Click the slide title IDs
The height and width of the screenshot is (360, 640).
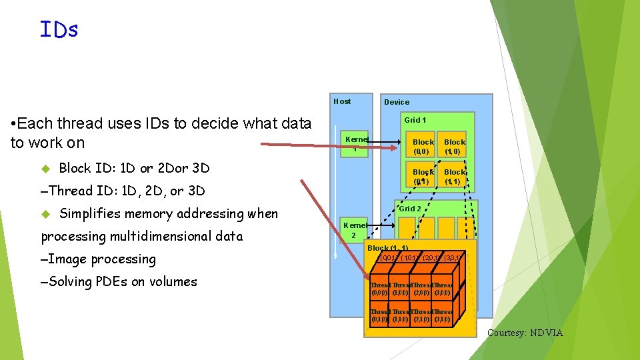coord(59,29)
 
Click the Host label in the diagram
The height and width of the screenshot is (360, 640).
coord(342,101)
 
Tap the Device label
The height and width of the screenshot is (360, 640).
coord(397,102)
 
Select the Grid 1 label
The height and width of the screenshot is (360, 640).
coord(415,120)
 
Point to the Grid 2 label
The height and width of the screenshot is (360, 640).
coord(410,209)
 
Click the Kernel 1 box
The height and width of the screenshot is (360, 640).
coord(357,143)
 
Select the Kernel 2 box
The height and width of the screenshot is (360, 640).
coord(354,231)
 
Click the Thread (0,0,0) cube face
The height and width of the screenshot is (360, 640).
coord(381,288)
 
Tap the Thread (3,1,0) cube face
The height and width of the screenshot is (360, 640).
coord(441,315)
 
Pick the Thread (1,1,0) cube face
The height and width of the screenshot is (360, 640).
coord(401,315)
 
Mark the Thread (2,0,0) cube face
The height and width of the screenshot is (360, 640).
coord(421,288)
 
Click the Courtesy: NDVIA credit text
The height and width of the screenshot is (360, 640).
coord(525,333)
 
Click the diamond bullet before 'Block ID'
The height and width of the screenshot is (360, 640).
coord(45,168)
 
